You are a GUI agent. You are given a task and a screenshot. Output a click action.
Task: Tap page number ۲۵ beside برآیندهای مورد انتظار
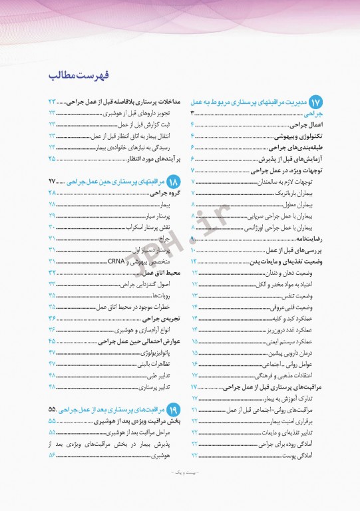[x=51, y=158]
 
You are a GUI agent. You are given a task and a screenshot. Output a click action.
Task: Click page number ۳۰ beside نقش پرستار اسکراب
[x=51, y=228]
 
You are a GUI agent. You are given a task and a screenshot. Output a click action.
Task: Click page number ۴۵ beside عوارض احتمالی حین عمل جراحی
[x=51, y=341]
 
